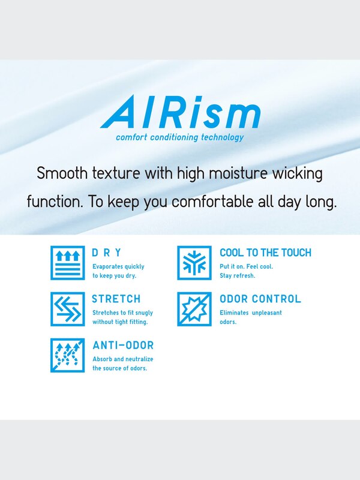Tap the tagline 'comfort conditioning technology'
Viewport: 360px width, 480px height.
coord(180,137)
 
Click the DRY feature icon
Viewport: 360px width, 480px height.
coord(67,263)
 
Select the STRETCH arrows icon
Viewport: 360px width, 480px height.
coord(67,309)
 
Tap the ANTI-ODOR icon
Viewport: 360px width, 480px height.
coord(67,355)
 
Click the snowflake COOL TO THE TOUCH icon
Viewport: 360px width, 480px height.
coord(194,263)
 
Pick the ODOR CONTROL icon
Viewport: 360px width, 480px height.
coord(194,309)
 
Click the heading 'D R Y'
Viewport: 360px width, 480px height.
coord(107,253)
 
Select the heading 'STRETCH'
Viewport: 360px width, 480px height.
coord(116,299)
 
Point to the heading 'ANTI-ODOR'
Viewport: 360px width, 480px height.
coord(123,346)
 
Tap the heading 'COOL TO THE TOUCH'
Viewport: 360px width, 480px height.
coord(265,253)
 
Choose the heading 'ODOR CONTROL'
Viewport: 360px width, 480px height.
coord(260,299)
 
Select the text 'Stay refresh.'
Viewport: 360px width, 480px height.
coord(238,275)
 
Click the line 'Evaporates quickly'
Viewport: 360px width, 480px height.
coord(118,266)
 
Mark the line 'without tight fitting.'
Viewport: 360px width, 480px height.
coord(120,322)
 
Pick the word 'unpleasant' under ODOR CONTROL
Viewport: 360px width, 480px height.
coord(265,313)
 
